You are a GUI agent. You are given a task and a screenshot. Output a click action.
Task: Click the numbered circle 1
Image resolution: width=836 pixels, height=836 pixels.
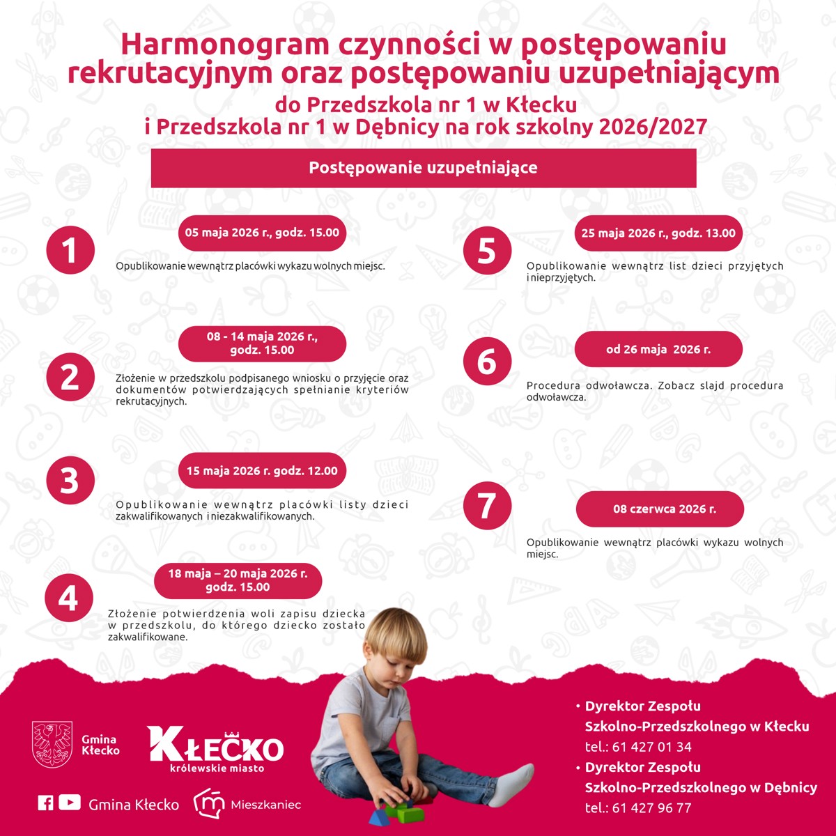coord(70,250)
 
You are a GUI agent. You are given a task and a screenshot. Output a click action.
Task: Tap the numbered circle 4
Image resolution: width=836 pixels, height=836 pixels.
coord(68,598)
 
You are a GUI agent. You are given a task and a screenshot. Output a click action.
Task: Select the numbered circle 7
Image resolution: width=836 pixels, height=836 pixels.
coord(487,505)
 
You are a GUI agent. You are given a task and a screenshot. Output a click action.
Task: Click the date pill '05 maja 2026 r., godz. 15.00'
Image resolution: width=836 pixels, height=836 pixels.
coord(262,233)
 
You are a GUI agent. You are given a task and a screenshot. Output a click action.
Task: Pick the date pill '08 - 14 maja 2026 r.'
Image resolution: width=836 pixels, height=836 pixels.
coord(262,343)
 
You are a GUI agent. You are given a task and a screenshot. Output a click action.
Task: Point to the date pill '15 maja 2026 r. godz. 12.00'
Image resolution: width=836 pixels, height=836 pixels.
coord(262,471)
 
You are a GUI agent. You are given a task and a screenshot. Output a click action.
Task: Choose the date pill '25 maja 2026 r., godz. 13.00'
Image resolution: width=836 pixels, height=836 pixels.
coord(658,233)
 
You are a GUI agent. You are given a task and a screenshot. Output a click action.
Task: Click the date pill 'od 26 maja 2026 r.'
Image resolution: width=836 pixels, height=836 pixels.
coord(658,350)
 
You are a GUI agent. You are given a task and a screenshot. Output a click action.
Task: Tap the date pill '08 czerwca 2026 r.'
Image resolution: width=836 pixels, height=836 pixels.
coord(660,509)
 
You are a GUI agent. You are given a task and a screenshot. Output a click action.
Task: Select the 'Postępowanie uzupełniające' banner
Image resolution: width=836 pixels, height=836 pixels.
coord(424,168)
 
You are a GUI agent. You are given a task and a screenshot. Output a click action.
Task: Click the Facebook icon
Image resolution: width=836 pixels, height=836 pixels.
coord(45,803)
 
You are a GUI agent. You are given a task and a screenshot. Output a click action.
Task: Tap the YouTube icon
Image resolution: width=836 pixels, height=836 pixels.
coord(70,803)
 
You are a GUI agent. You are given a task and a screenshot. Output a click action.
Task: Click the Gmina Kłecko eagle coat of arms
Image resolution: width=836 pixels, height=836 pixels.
coord(52,744)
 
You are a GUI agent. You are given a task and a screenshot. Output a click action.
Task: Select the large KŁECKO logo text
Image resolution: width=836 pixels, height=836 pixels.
coord(216,745)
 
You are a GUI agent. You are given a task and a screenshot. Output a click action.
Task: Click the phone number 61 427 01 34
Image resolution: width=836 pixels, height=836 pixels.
coord(652,747)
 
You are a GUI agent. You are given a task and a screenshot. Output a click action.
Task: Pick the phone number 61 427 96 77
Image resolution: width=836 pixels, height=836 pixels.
coord(652,808)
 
